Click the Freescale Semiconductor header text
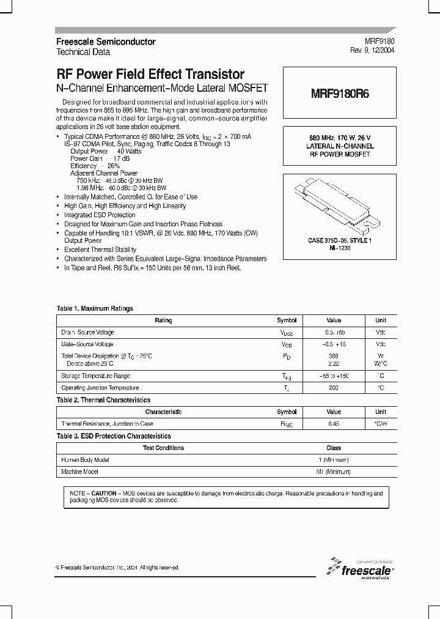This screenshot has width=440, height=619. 106,42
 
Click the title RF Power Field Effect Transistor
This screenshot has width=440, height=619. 150,75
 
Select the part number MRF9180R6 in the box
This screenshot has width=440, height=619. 339,95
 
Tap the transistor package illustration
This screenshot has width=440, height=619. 339,205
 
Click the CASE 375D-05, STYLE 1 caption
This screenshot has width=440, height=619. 339,241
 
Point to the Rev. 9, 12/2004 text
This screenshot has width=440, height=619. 371,51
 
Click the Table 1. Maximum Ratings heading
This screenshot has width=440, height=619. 95,309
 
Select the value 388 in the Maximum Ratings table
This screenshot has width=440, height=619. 334,356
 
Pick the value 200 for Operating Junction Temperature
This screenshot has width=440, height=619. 334,388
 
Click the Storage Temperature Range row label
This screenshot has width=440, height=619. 95,376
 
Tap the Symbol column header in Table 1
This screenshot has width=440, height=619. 287,321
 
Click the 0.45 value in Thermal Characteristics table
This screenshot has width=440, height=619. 334,424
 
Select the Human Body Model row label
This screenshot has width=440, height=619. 86,460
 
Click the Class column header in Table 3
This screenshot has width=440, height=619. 334,448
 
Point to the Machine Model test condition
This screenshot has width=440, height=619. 79,472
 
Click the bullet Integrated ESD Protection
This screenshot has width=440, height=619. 100,215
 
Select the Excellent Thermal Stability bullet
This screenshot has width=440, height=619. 100,250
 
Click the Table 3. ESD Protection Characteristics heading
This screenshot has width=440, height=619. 114,436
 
